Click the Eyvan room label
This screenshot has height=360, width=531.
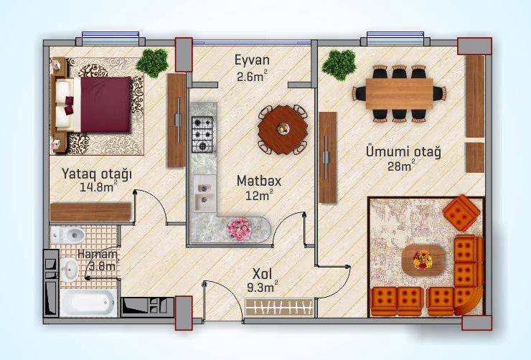coord(253,60)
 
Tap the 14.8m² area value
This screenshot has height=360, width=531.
coord(98,186)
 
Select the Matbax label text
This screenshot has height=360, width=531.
coord(259,181)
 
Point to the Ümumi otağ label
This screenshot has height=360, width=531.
coord(403,152)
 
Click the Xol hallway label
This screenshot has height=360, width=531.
coord(263,273)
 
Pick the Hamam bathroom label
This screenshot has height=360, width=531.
coord(97,254)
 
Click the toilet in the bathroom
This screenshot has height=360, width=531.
coord(67,234)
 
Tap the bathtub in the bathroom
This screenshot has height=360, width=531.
coord(88,303)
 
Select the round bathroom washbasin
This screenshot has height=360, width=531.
coord(70,270)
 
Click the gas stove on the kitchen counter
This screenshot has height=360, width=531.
coord(202,134)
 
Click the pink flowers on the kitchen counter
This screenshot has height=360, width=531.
coord(240,229)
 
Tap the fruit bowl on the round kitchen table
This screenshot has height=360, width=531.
coord(283,128)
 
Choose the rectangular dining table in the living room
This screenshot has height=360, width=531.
coord(399,93)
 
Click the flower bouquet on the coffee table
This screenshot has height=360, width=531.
coord(423,260)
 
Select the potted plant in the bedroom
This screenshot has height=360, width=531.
coord(153,63)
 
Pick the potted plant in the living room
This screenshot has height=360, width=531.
coord(339,65)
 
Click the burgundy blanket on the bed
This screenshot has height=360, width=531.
coord(105,105)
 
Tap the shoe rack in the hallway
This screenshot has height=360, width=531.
coord(279,306)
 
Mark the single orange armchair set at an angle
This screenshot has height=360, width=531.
coord(461,213)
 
